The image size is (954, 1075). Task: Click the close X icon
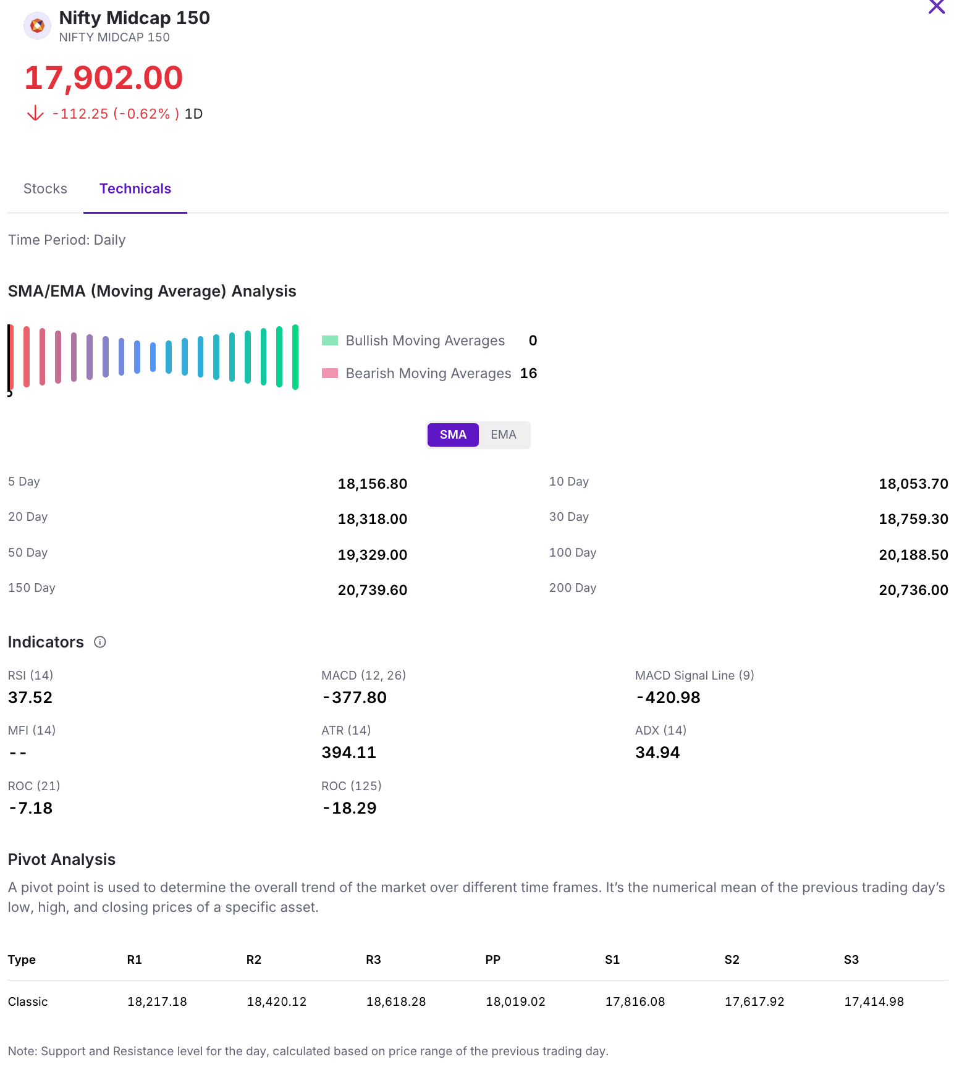coord(936,7)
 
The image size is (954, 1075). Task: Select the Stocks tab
coord(45,189)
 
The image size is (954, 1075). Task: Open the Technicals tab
coord(135,189)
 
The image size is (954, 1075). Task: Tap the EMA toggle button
coord(503,435)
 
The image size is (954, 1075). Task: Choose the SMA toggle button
coord(453,435)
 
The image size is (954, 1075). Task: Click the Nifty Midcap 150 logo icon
coord(37,26)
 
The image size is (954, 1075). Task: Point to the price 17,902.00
coord(104,78)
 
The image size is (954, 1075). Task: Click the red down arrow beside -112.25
coord(36,113)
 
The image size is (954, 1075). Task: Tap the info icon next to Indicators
coord(100,643)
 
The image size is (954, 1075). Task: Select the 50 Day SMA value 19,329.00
coord(372,555)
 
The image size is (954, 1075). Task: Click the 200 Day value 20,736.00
coord(913,590)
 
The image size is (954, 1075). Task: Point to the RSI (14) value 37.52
coord(30,698)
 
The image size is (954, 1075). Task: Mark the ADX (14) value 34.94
coord(657,752)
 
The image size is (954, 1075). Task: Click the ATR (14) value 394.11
coord(348,752)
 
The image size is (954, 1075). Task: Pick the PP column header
coord(492,959)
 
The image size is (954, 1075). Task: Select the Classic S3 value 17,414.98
coord(874,1001)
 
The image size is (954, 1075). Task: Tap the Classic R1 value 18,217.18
coord(157,1001)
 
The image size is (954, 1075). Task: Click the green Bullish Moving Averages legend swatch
coord(330,340)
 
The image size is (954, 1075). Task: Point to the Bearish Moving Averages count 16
coord(528,373)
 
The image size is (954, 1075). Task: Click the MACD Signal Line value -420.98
coord(668,698)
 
